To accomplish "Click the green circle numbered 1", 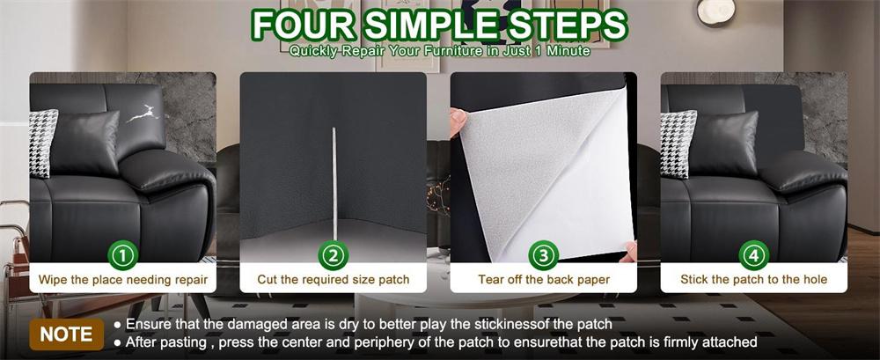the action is pyautogui.click(x=122, y=255).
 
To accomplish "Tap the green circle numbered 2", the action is pyautogui.click(x=334, y=255).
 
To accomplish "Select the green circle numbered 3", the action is pyautogui.click(x=543, y=255).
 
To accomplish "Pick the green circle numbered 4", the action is pyautogui.click(x=754, y=255).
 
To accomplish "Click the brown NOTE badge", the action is pyautogui.click(x=66, y=334).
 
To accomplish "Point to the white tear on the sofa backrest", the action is pyautogui.click(x=143, y=114).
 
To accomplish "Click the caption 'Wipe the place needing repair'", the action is pyautogui.click(x=123, y=279).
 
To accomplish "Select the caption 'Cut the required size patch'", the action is pyautogui.click(x=334, y=279).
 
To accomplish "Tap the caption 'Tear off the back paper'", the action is pyautogui.click(x=544, y=279).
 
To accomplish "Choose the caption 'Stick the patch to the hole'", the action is pyautogui.click(x=754, y=279).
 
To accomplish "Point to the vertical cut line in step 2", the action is pyautogui.click(x=334, y=184).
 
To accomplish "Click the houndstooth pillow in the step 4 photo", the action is pyautogui.click(x=677, y=143).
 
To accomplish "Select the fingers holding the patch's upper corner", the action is pyautogui.click(x=458, y=121).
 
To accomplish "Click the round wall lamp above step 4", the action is pyautogui.click(x=716, y=11).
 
